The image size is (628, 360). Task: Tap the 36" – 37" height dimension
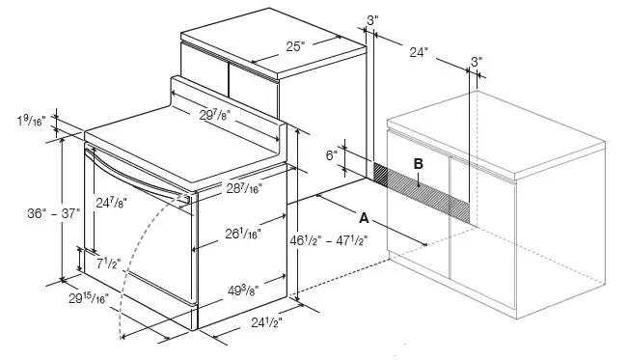tap(26, 215)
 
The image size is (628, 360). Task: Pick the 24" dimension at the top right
tap(418, 53)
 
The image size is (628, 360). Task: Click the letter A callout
tap(364, 219)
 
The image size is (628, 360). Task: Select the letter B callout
tap(418, 163)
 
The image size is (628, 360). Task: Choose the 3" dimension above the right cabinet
tap(477, 61)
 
